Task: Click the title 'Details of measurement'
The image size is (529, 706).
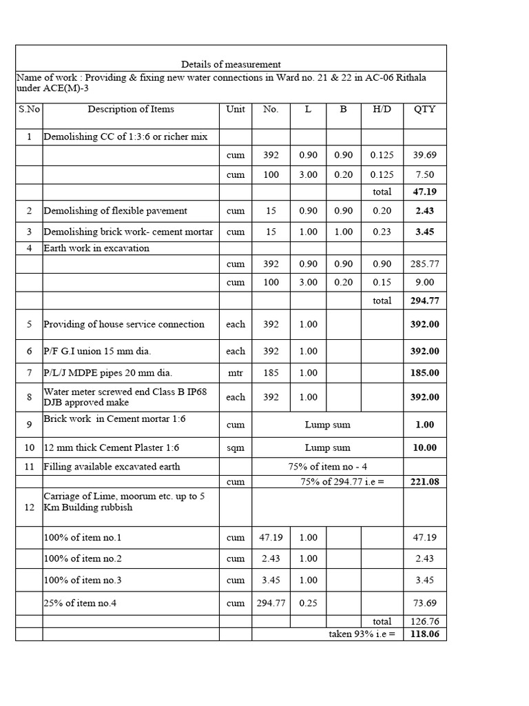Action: pyautogui.click(x=231, y=64)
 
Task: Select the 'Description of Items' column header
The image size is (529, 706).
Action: pyautogui.click(x=131, y=109)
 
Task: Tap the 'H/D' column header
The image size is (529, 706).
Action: pyautogui.click(x=381, y=109)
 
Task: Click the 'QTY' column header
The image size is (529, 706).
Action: pyautogui.click(x=424, y=109)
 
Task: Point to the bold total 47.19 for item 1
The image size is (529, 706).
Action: pyautogui.click(x=424, y=192)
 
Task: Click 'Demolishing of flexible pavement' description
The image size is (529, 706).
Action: pyautogui.click(x=115, y=210)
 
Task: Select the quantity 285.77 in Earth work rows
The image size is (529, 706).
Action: pyautogui.click(x=424, y=264)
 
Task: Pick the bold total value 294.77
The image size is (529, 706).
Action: pyautogui.click(x=424, y=301)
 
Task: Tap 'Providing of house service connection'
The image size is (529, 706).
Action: pyautogui.click(x=124, y=324)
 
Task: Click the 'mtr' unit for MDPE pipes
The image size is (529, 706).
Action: pyautogui.click(x=236, y=373)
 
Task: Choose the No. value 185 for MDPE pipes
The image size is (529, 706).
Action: pyautogui.click(x=271, y=373)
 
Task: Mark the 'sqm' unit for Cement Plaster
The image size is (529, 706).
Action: pyautogui.click(x=236, y=448)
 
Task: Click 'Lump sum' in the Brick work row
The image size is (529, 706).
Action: pyautogui.click(x=327, y=425)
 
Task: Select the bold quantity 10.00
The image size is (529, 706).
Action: pyautogui.click(x=424, y=448)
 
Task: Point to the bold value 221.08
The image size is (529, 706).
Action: pyautogui.click(x=424, y=481)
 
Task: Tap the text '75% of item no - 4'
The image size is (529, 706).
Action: pyautogui.click(x=327, y=467)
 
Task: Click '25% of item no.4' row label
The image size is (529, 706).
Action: pyautogui.click(x=80, y=603)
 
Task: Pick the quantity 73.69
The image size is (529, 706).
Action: pyautogui.click(x=424, y=603)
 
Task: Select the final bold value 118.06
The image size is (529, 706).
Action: pyautogui.click(x=424, y=634)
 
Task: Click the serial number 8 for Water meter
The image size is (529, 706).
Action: pyautogui.click(x=29, y=397)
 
